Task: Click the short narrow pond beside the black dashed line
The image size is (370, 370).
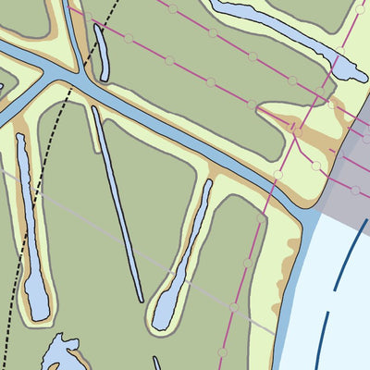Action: pyautogui.click(x=102, y=54)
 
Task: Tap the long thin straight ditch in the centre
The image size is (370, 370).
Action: pyautogui.click(x=117, y=203)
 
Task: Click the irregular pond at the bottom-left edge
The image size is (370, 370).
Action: pyautogui.click(x=60, y=356)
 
